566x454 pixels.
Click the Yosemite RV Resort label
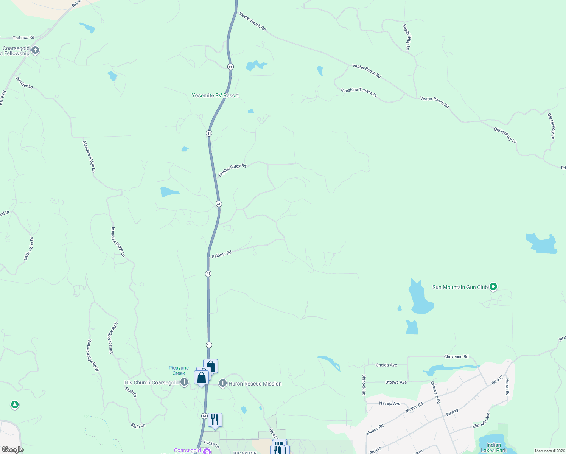pyautogui.click(x=215, y=96)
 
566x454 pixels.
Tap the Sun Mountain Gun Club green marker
pyautogui.click(x=493, y=287)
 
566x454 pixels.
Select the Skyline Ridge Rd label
pyautogui.click(x=232, y=171)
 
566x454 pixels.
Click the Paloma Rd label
pyautogui.click(x=221, y=255)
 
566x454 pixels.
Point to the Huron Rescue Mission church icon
pyautogui.click(x=223, y=384)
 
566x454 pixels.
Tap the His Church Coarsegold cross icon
pyautogui.click(x=184, y=382)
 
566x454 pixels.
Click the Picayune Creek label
pyautogui.click(x=179, y=370)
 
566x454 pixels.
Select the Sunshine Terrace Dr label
pyautogui.click(x=359, y=93)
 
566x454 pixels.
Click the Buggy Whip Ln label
pyautogui.click(x=406, y=37)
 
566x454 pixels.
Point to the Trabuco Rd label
pyautogui.click(x=23, y=38)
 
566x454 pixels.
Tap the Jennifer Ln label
pyautogui.click(x=24, y=82)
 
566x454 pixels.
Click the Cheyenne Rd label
pyautogui.click(x=456, y=357)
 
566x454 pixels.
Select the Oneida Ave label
pyautogui.click(x=386, y=365)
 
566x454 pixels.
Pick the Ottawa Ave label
pyautogui.click(x=396, y=382)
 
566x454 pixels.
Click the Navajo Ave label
pyautogui.click(x=390, y=404)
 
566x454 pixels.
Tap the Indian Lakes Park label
pyautogui.click(x=493, y=448)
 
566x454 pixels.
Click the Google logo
pyautogui.click(x=12, y=449)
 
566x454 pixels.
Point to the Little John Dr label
pyautogui.click(x=29, y=249)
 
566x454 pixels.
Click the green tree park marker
pyautogui.click(x=15, y=405)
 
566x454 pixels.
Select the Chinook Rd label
pyautogui.click(x=364, y=385)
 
